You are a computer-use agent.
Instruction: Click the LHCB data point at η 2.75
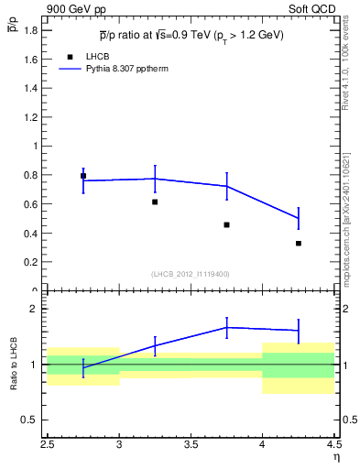coord(83,176)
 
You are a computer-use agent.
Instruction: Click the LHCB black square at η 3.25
coord(155,202)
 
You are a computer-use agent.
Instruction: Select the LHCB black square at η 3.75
coord(226,224)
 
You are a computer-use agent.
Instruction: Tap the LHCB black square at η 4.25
coord(299,243)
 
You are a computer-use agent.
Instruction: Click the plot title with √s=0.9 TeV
coord(191,36)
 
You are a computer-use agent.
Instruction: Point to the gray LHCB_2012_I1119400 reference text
coord(191,274)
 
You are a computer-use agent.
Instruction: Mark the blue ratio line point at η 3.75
coord(226,327)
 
